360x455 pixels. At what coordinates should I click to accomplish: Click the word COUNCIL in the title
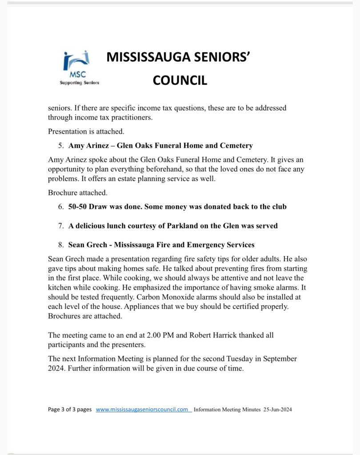(x=180, y=80)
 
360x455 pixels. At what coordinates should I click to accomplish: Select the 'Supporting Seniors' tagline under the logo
(x=80, y=83)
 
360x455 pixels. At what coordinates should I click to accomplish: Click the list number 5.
(x=60, y=145)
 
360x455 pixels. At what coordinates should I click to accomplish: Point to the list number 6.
(x=60, y=207)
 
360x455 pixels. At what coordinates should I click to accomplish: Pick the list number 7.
(x=60, y=226)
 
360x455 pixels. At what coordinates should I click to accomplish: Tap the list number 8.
(x=60, y=244)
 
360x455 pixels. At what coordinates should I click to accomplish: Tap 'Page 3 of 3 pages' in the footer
(x=70, y=410)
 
